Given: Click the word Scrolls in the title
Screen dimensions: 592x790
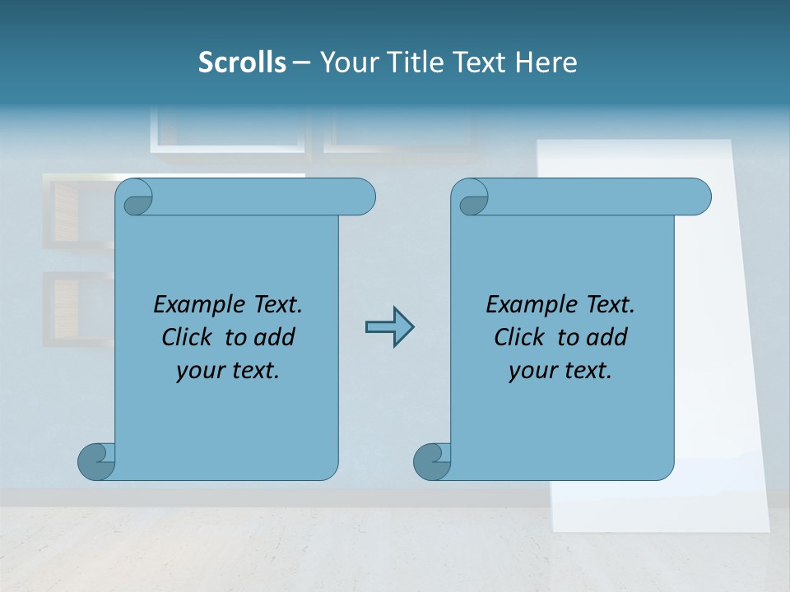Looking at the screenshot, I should pyautogui.click(x=243, y=62).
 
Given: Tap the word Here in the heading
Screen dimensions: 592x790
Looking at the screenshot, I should pyautogui.click(x=546, y=62).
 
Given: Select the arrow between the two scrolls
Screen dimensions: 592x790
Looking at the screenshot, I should pyautogui.click(x=389, y=327).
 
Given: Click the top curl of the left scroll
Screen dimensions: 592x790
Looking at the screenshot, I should pyautogui.click(x=136, y=199).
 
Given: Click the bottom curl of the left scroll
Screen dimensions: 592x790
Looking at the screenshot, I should pyautogui.click(x=95, y=461).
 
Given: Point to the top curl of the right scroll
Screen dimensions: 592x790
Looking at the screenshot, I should pyautogui.click(x=472, y=199).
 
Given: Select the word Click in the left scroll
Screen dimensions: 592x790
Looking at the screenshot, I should pyautogui.click(x=189, y=337).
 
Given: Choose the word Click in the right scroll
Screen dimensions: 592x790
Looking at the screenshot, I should pyautogui.click(x=521, y=337).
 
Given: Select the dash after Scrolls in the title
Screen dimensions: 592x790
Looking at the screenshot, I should pyautogui.click(x=301, y=62).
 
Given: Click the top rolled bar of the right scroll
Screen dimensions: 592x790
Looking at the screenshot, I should pyautogui.click(x=592, y=197).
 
